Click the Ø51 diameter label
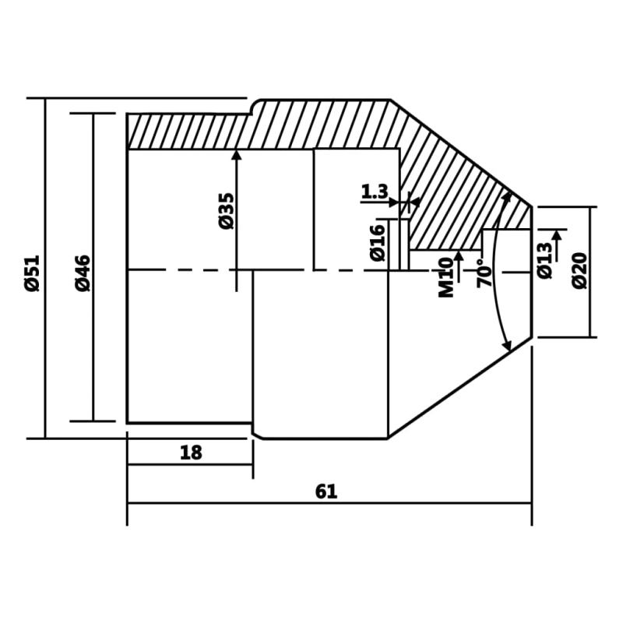tap(32, 273)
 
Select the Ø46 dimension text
tap(83, 273)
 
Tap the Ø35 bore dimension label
tap(227, 211)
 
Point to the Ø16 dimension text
tap(378, 243)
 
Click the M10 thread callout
tap(446, 277)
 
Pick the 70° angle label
tap(484, 273)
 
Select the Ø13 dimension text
tap(544, 260)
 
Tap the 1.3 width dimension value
tap(375, 192)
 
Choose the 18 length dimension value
tap(191, 452)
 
